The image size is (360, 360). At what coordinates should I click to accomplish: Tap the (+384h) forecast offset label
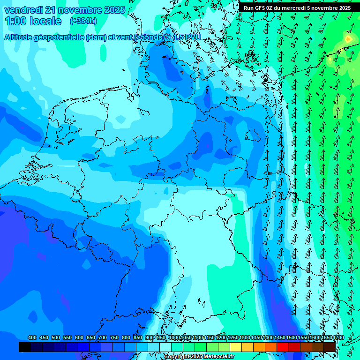pyautogui.click(x=83, y=21)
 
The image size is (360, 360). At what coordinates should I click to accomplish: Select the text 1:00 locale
pyautogui.click(x=33, y=21)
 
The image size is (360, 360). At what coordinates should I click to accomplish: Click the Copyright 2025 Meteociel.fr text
pyautogui.click(x=199, y=357)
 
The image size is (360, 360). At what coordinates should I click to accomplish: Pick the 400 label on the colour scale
pyautogui.click(x=32, y=337)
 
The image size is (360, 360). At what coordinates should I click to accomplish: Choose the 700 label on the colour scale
pyautogui.click(x=103, y=337)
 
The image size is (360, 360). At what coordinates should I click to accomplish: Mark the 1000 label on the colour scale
pyautogui.click(x=174, y=337)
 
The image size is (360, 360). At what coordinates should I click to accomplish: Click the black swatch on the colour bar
pyautogui.click(x=25, y=347)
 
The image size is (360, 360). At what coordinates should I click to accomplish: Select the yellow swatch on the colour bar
pyautogui.click(x=236, y=347)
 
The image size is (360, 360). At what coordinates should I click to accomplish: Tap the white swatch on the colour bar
pyautogui.click(x=165, y=347)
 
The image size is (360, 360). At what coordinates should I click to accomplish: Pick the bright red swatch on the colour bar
pyautogui.click(x=283, y=347)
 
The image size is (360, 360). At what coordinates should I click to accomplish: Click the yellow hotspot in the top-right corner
pyautogui.click(x=348, y=39)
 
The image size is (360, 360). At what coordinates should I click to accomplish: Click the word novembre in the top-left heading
pyautogui.click(x=77, y=10)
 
